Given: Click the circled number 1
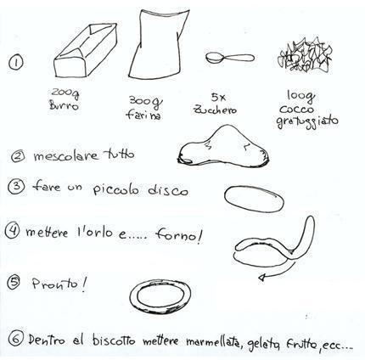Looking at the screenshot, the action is coord(16,62).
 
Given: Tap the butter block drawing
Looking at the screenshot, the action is coord(86,51).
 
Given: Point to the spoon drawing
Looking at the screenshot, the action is coord(230,58).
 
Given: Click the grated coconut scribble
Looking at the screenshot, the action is coord(305,54).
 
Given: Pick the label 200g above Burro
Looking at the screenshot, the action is coord(65,93).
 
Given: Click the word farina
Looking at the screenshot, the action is coord(143,115).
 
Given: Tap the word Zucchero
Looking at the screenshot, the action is coord(215,110).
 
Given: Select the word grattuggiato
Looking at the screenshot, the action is coord(307,121).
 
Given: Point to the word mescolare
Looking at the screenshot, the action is coord(66,155).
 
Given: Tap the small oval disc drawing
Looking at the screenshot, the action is coord(254,199).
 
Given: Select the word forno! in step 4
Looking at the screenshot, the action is coord(179,234).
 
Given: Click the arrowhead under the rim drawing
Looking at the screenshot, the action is coord(262,278).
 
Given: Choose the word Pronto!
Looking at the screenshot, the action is coord(59,284).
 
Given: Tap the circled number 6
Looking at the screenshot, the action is coord(15,338).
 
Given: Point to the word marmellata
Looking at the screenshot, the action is coord(212,341).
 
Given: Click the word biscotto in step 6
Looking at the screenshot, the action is coord(114,340).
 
